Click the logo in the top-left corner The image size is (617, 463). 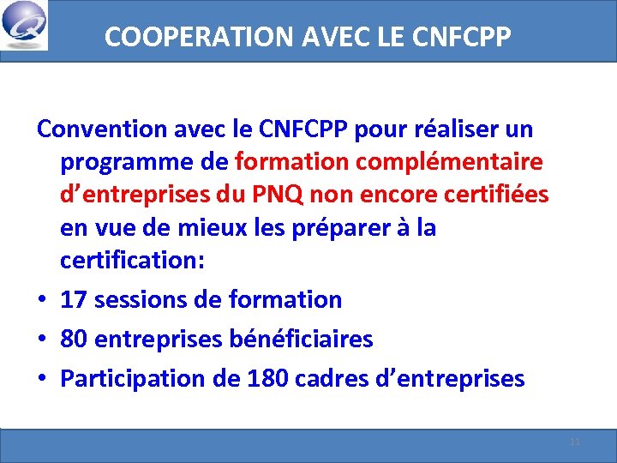point(25,25)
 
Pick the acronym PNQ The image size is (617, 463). point(271,194)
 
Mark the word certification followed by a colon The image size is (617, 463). point(133,260)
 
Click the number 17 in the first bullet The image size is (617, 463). point(74,299)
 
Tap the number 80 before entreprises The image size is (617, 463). point(75,340)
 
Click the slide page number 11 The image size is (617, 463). point(575,442)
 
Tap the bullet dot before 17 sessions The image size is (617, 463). point(42,300)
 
